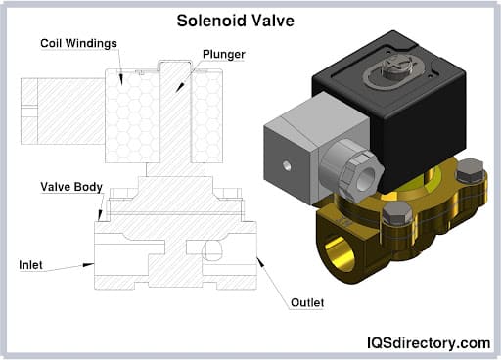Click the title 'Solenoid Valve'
[250, 19]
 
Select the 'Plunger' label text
[224, 53]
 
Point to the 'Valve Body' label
[68, 185]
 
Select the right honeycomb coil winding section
[205, 112]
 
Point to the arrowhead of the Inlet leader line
[92, 264]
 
